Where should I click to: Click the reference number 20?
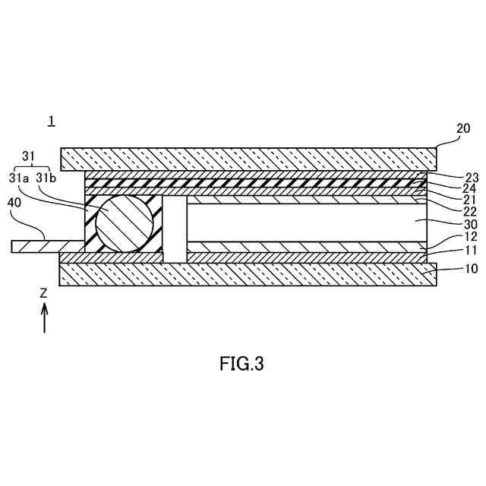coord(463,129)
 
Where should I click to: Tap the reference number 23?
coord(450,178)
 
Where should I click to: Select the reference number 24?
coord(450,188)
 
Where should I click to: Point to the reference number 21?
coord(450,199)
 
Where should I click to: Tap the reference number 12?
coord(450,238)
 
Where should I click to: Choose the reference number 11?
coord(450,250)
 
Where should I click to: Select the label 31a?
coord(20,178)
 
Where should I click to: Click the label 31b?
coord(46,178)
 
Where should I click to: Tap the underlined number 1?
coord(51,121)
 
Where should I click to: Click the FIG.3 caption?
coord(241,364)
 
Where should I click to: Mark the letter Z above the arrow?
coord(44,292)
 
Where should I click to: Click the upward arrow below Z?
coord(44,317)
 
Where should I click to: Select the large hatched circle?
coord(125,223)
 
